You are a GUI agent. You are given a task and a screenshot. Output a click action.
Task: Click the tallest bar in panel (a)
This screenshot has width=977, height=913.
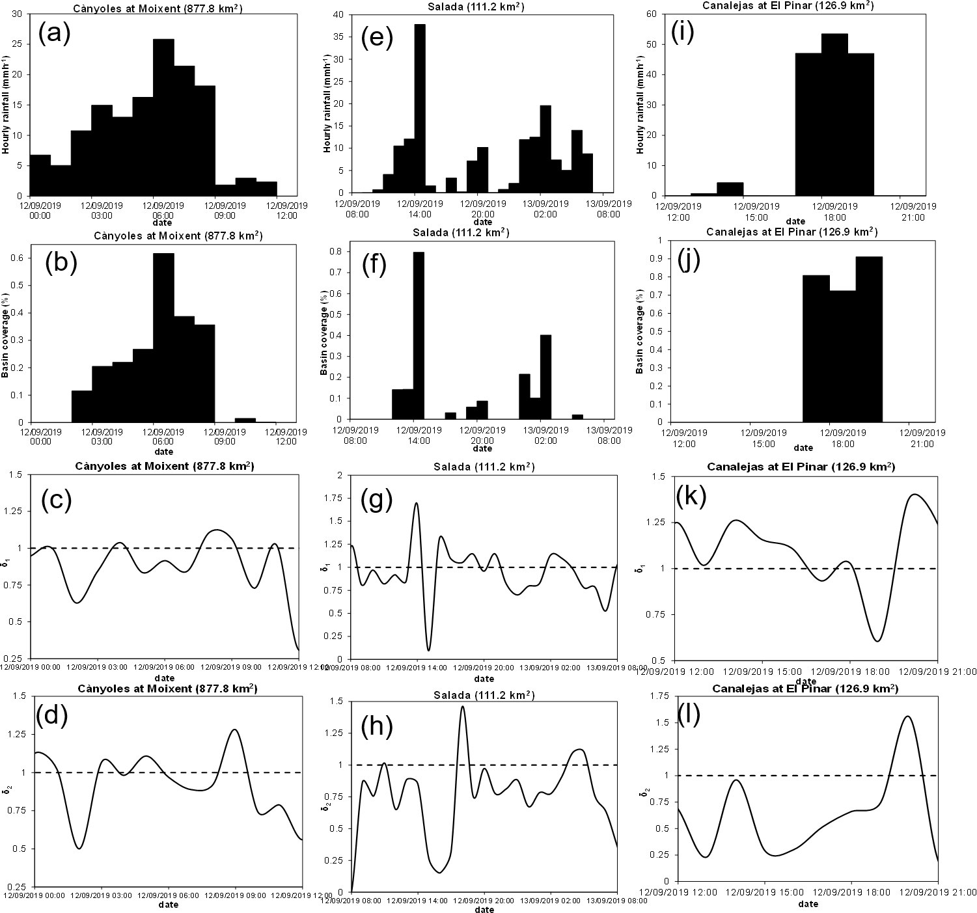163,117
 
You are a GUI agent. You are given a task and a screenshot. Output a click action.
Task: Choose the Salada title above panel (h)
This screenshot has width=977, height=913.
484,695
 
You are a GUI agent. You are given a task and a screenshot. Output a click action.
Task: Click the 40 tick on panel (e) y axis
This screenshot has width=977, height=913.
338,14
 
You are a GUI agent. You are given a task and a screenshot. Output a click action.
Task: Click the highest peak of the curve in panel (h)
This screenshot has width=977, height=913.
463,707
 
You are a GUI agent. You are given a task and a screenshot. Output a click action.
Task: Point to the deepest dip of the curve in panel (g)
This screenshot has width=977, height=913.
428,649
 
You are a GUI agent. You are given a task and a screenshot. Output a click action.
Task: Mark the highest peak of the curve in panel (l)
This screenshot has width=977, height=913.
907,716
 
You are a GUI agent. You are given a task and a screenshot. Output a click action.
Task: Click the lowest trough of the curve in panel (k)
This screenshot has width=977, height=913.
877,641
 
